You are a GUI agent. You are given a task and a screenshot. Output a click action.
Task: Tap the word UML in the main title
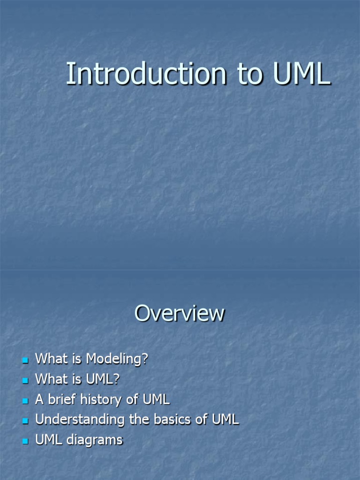301,74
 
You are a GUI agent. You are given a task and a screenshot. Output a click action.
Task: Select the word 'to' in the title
251,75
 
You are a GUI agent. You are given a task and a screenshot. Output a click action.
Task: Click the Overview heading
180,313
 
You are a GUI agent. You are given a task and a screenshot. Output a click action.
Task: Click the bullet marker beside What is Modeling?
25,360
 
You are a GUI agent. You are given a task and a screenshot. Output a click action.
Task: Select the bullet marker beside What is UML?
25,381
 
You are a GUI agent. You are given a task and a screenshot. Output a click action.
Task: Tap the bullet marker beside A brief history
25,401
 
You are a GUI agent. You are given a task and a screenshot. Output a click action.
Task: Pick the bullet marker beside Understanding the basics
25,421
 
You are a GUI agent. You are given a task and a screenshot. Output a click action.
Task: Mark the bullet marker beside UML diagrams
25,441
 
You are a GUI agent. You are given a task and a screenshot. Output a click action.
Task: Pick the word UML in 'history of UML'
156,400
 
